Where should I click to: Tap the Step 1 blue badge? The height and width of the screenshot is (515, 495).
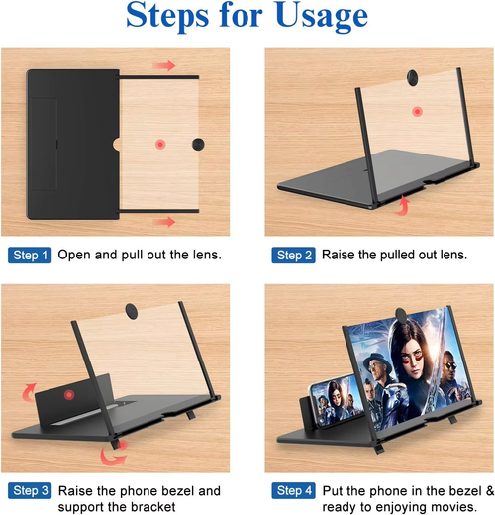[29, 256]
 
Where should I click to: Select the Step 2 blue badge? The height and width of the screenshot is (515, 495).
[295, 256]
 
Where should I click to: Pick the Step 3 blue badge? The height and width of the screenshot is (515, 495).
[29, 490]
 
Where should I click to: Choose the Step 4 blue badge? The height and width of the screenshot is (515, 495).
[295, 490]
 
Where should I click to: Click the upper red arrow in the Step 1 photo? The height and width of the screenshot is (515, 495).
[164, 66]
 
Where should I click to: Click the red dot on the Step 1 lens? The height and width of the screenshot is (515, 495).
[159, 145]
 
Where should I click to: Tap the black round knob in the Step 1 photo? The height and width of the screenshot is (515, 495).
[197, 145]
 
